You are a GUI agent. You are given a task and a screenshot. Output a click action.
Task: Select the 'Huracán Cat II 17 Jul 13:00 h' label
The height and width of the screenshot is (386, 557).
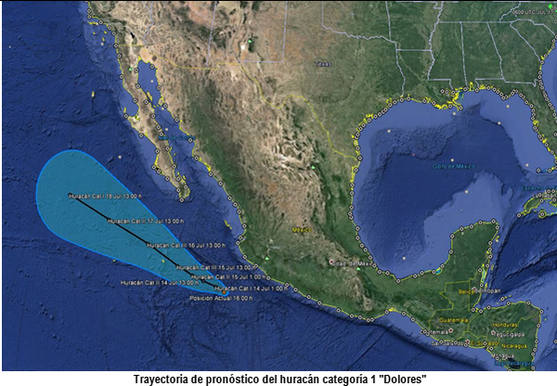140,221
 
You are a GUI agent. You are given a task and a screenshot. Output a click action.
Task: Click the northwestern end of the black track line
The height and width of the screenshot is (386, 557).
71,196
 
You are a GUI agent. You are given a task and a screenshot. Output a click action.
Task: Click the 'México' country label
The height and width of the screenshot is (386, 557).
301,228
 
